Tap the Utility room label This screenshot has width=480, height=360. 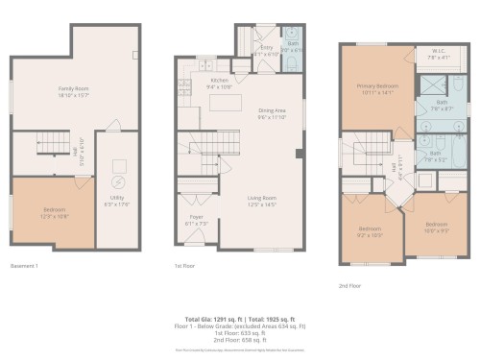pos(120,203)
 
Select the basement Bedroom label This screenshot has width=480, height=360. pos(55,213)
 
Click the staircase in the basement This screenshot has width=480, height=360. pos(50,145)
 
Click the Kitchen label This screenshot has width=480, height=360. pos(219,83)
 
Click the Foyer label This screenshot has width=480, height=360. pos(190,220)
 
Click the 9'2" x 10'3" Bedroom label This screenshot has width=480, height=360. pos(370,230)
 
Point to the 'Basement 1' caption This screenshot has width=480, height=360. pos(26,265)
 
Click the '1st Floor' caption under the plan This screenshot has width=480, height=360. pos(183,266)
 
